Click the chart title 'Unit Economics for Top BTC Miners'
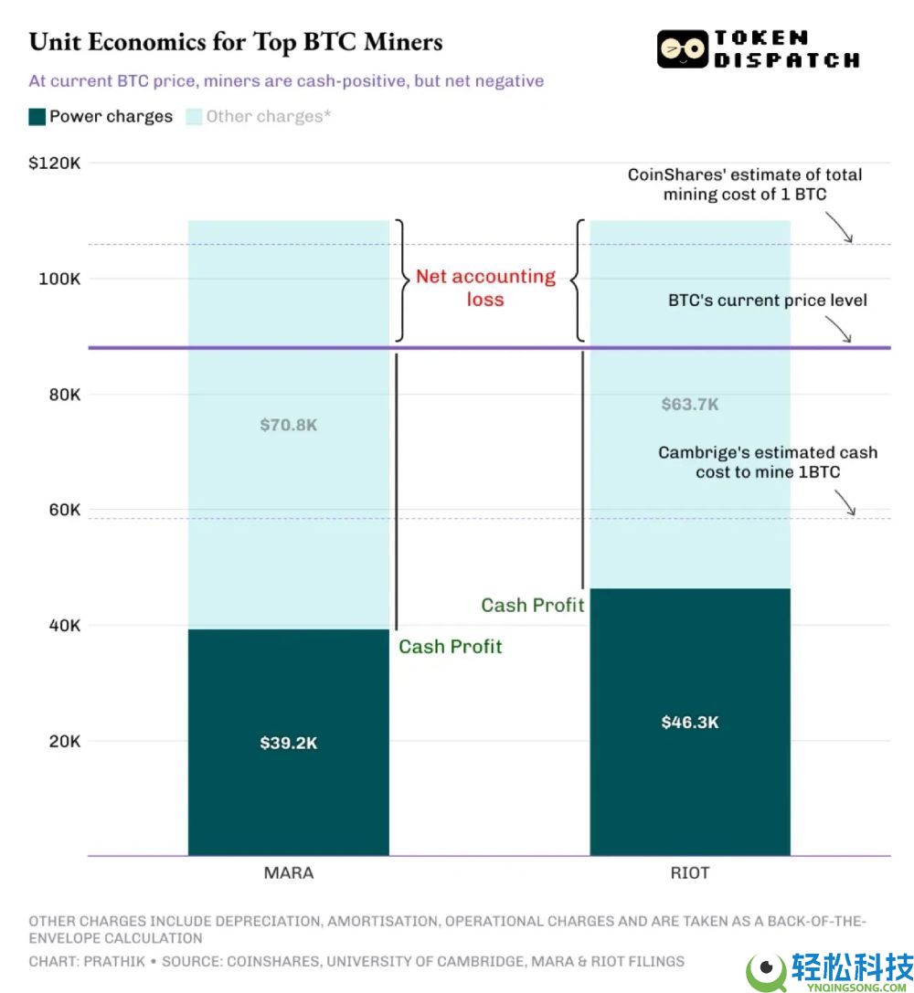pyautogui.click(x=236, y=42)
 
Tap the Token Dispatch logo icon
pyautogui.click(x=683, y=49)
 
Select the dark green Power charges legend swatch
pyautogui.click(x=37, y=117)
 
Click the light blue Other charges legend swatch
pyautogui.click(x=194, y=117)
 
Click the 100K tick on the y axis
pyautogui.click(x=59, y=279)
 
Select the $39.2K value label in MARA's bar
pyautogui.click(x=288, y=743)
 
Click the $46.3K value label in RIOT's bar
pyautogui.click(x=690, y=722)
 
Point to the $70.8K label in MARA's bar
pyautogui.click(x=288, y=425)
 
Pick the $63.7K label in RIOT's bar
pyautogui.click(x=690, y=404)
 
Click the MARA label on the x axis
pyautogui.click(x=288, y=872)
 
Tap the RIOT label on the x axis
pyautogui.click(x=690, y=872)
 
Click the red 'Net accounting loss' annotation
pyautogui.click(x=485, y=288)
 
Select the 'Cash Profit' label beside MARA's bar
pyautogui.click(x=451, y=647)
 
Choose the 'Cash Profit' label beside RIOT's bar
pyautogui.click(x=533, y=605)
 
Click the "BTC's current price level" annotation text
pyautogui.click(x=767, y=301)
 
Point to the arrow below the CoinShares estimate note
pyautogui.click(x=839, y=227)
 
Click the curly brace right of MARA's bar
pyautogui.click(x=399, y=280)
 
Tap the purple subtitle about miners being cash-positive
pyautogui.click(x=286, y=81)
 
